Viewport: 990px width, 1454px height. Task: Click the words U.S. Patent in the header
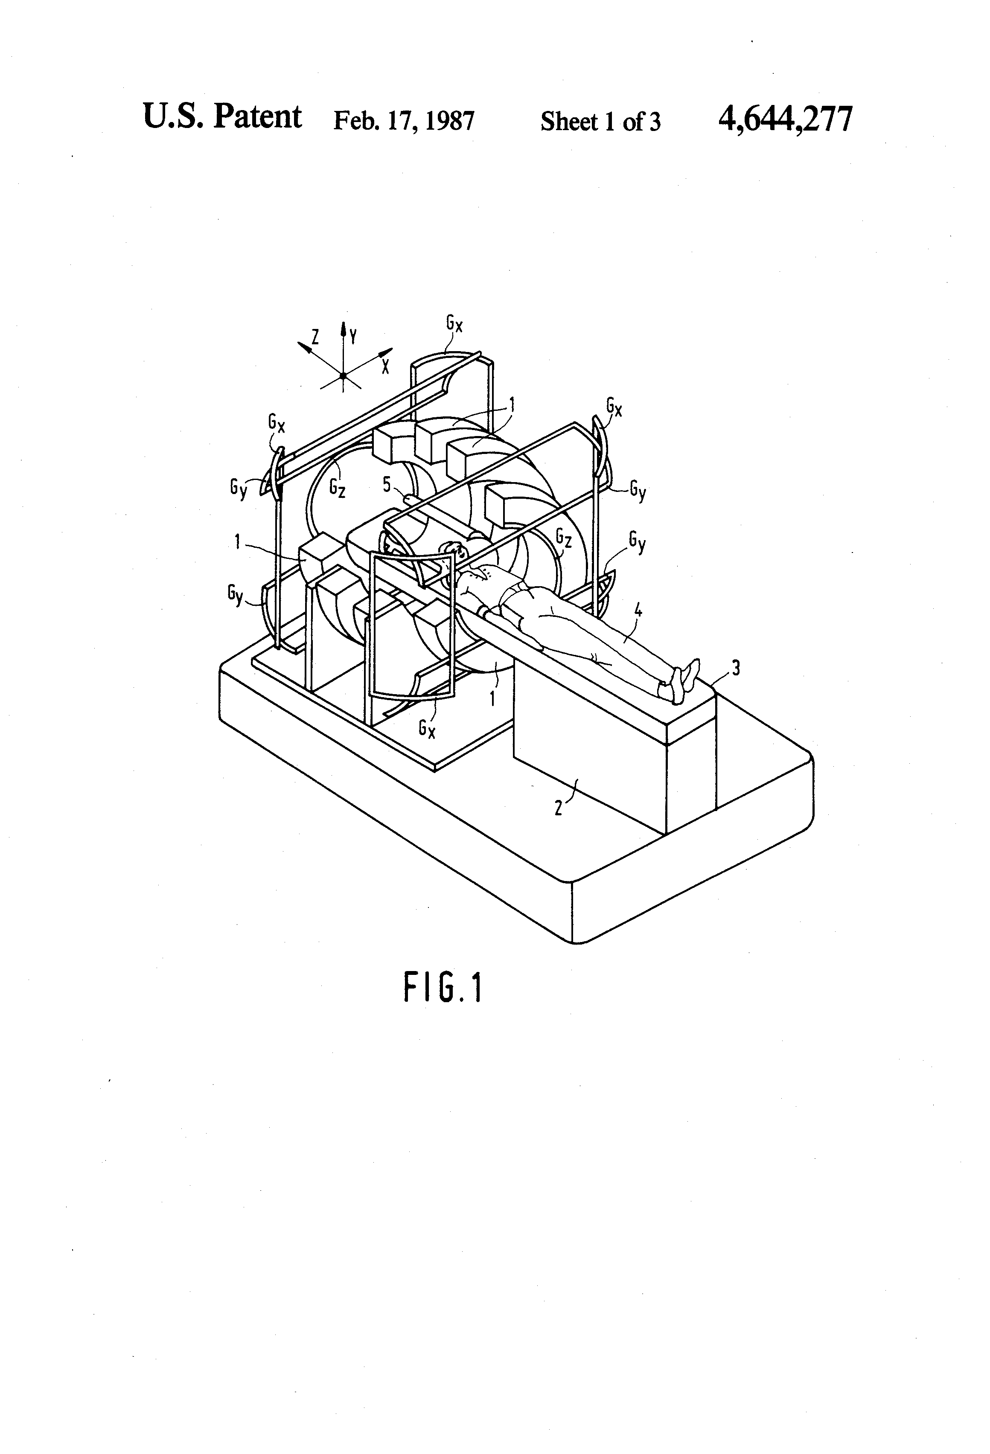[222, 117]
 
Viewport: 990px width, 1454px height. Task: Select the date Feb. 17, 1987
[404, 120]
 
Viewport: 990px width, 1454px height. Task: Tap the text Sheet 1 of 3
[600, 121]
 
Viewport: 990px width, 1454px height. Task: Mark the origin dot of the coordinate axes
[343, 375]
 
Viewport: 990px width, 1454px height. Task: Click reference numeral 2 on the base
[558, 807]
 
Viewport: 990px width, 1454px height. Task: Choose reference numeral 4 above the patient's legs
[638, 610]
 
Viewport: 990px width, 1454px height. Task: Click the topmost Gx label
[455, 323]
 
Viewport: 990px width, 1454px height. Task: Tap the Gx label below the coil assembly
[428, 729]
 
